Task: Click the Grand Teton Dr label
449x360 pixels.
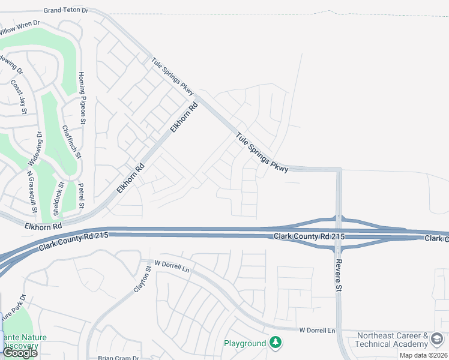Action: [x=66, y=11]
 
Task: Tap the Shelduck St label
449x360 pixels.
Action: [x=58, y=199]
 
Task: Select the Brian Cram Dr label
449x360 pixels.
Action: [x=119, y=358]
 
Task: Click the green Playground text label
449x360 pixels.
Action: [x=244, y=344]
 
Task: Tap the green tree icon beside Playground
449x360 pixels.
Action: [x=276, y=343]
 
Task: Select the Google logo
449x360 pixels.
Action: [x=20, y=353]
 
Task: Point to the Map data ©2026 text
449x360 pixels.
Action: [x=423, y=355]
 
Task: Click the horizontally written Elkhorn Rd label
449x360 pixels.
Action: [x=43, y=226]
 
